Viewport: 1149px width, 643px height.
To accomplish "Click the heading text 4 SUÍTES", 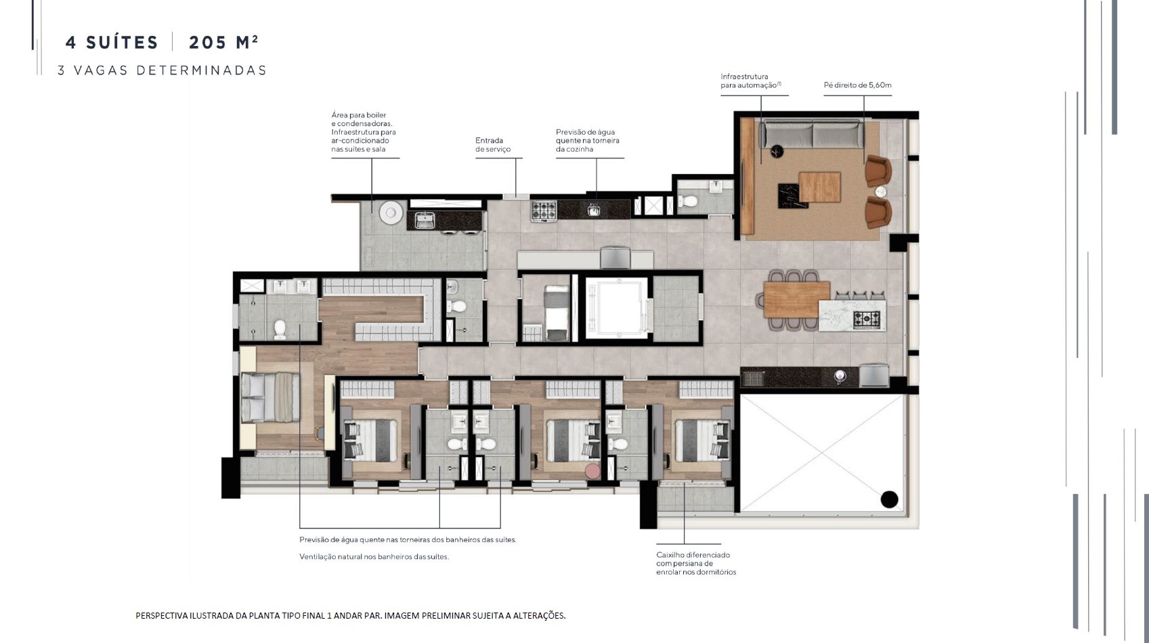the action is pyautogui.click(x=112, y=43).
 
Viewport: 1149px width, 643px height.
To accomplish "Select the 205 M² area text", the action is pyautogui.click(x=223, y=42).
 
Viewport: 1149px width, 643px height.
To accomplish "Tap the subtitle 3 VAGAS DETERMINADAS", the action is pyautogui.click(x=162, y=70).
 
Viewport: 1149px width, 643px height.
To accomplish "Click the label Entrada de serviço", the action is pyautogui.click(x=493, y=145).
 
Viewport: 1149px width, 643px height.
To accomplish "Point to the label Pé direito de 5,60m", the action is pyautogui.click(x=858, y=85).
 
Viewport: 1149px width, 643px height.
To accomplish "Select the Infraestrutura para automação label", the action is pyautogui.click(x=751, y=81).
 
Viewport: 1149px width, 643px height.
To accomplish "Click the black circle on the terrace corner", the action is pyautogui.click(x=890, y=499).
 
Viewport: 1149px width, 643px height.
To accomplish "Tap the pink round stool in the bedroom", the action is pyautogui.click(x=592, y=470).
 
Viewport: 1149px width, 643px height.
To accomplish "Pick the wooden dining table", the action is pyautogui.click(x=796, y=299).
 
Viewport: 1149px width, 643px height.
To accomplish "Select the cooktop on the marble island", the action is pyautogui.click(x=867, y=319).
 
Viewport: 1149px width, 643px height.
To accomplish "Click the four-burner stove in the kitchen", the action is pyautogui.click(x=544, y=210).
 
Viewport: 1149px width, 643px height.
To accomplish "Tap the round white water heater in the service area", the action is pyautogui.click(x=391, y=212).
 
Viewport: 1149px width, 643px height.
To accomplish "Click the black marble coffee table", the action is pyautogui.click(x=792, y=196).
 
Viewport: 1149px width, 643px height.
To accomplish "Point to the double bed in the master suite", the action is pyautogui.click(x=270, y=397).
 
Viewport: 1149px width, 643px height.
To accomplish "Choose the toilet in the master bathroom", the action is pyautogui.click(x=280, y=330).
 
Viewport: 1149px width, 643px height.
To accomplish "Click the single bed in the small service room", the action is pyautogui.click(x=557, y=313).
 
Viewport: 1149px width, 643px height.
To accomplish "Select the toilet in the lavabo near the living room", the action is pyautogui.click(x=688, y=201).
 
